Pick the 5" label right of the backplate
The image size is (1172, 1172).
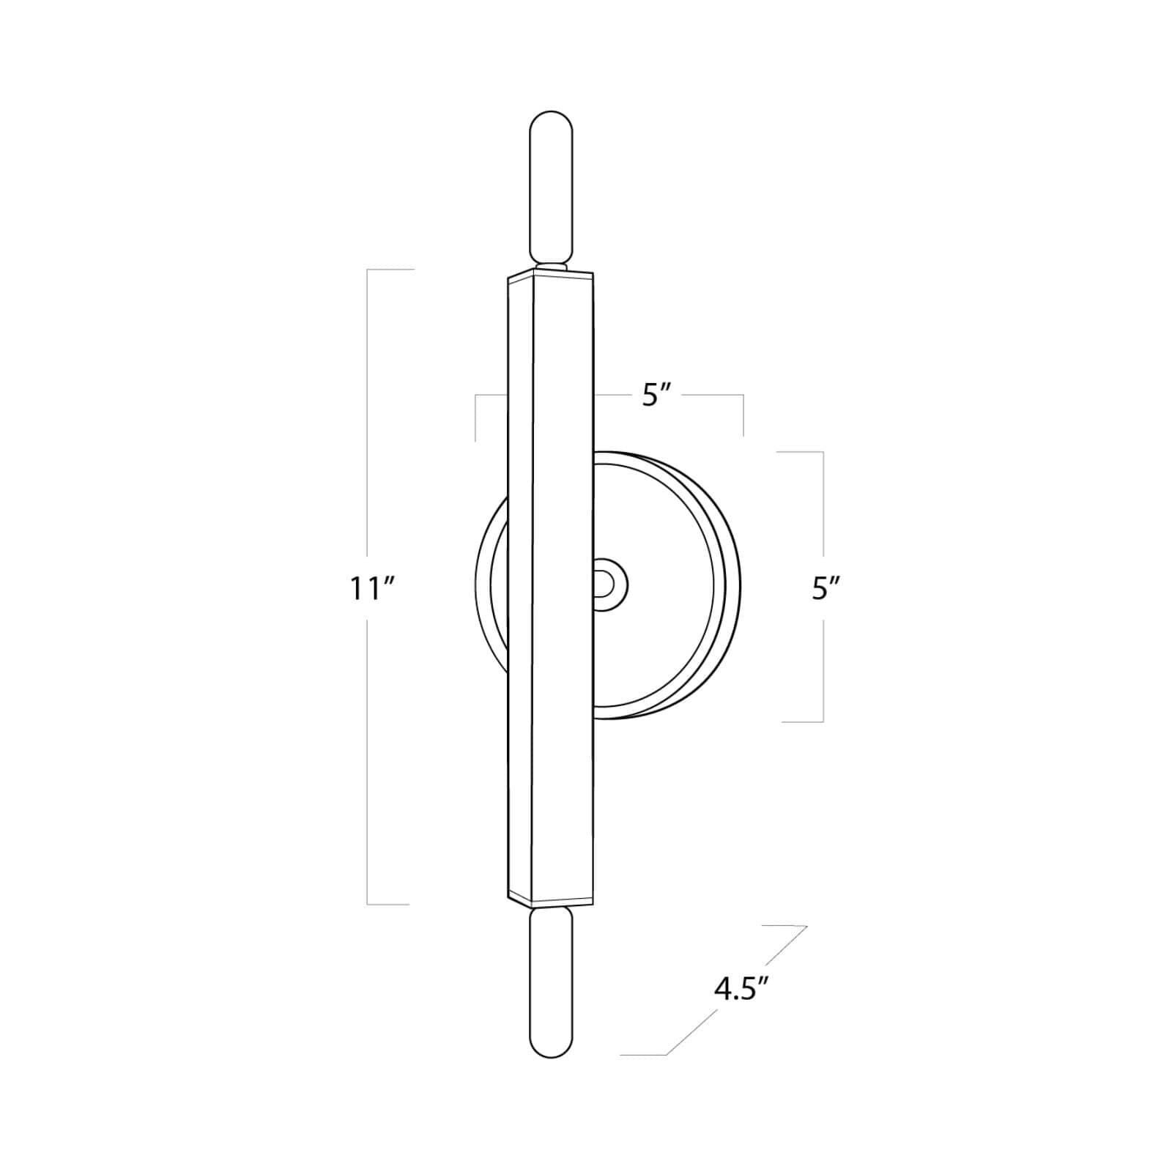coord(825,589)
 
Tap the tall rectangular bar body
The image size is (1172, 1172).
coord(551,586)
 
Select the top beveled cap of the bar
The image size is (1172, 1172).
coord(551,274)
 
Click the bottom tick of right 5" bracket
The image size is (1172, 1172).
coord(803,722)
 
